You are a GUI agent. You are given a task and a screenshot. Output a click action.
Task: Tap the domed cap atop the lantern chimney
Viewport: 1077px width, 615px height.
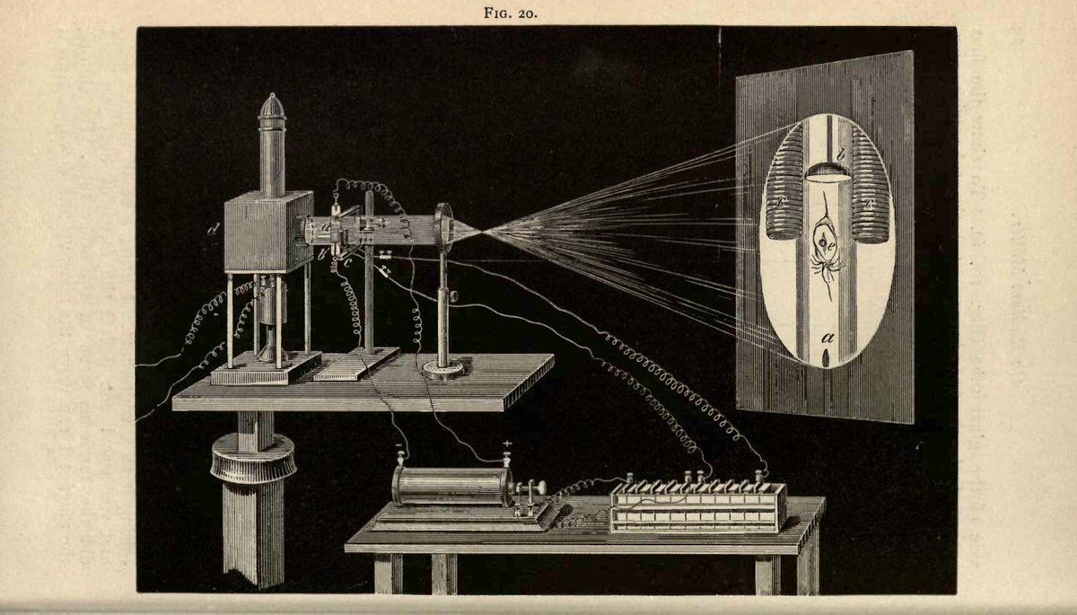pyautogui.click(x=272, y=106)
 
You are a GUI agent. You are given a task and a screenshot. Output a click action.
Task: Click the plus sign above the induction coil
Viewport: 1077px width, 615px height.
pyautogui.click(x=508, y=444)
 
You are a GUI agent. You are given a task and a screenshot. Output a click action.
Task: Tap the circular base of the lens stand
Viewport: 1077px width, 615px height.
pyautogui.click(x=442, y=367)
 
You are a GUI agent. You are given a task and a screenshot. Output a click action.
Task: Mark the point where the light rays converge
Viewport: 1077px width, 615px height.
pyautogui.click(x=485, y=233)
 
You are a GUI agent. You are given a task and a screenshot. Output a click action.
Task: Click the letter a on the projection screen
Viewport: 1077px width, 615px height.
pyautogui.click(x=826, y=338)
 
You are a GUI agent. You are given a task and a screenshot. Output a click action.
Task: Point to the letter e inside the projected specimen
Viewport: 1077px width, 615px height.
pyautogui.click(x=832, y=242)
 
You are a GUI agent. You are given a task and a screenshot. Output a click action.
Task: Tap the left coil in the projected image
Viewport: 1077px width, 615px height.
pyautogui.click(x=783, y=184)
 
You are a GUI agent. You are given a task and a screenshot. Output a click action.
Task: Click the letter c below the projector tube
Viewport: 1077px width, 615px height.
pyautogui.click(x=348, y=262)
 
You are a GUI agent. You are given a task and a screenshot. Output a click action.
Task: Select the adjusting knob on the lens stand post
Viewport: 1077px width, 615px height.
pyautogui.click(x=454, y=296)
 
